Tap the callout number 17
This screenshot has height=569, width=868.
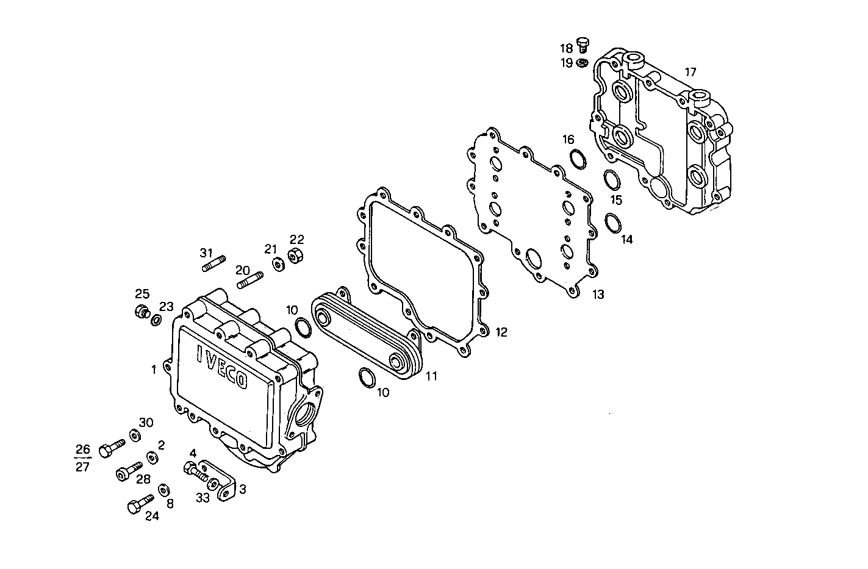pos(690,72)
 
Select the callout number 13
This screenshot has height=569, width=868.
pos(598,295)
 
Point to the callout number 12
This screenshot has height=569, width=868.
pos(501,332)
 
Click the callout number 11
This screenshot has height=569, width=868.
pos(431,376)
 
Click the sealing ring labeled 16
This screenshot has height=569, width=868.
pos(577,158)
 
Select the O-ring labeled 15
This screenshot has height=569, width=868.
pos(612,181)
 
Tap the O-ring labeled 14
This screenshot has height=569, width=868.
pos(613,223)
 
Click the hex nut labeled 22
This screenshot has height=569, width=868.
pos(296,256)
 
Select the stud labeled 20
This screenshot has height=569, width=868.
pos(249,282)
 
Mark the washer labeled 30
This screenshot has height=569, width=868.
pos(133,435)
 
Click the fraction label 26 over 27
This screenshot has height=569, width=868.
pos(82,459)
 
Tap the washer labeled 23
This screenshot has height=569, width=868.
pos(156,320)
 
